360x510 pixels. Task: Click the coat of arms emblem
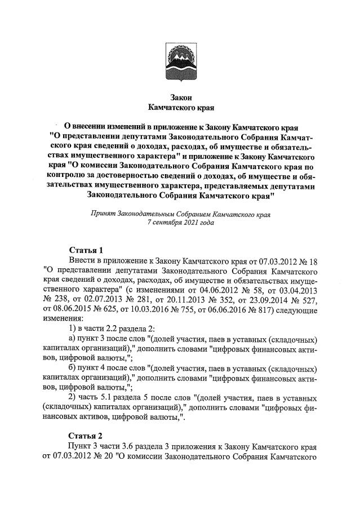[179, 61]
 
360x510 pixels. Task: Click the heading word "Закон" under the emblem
[179, 97]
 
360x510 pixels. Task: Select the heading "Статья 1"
[86, 250]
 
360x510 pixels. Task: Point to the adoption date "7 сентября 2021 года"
[180, 223]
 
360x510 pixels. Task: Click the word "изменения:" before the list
[63, 318]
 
